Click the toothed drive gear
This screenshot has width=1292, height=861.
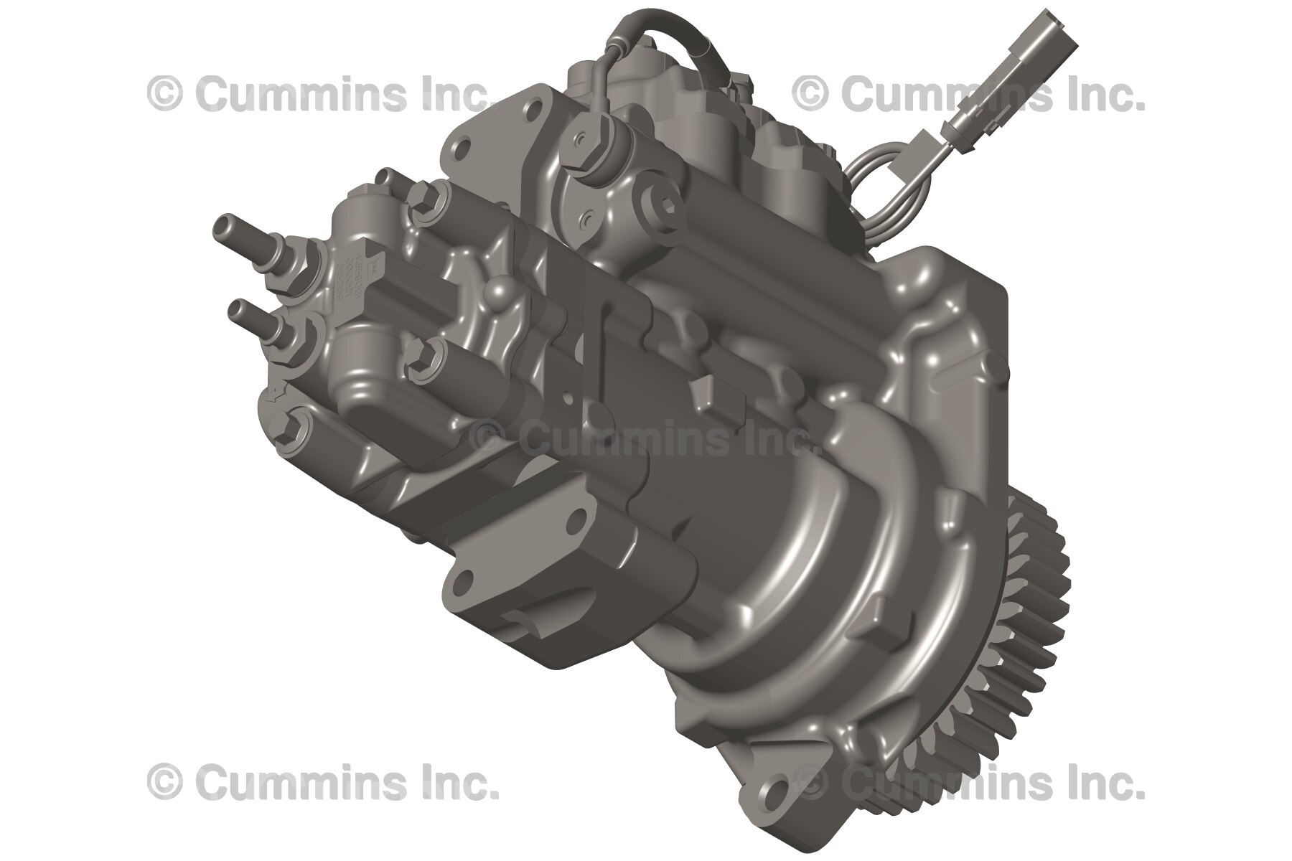(1034, 646)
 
